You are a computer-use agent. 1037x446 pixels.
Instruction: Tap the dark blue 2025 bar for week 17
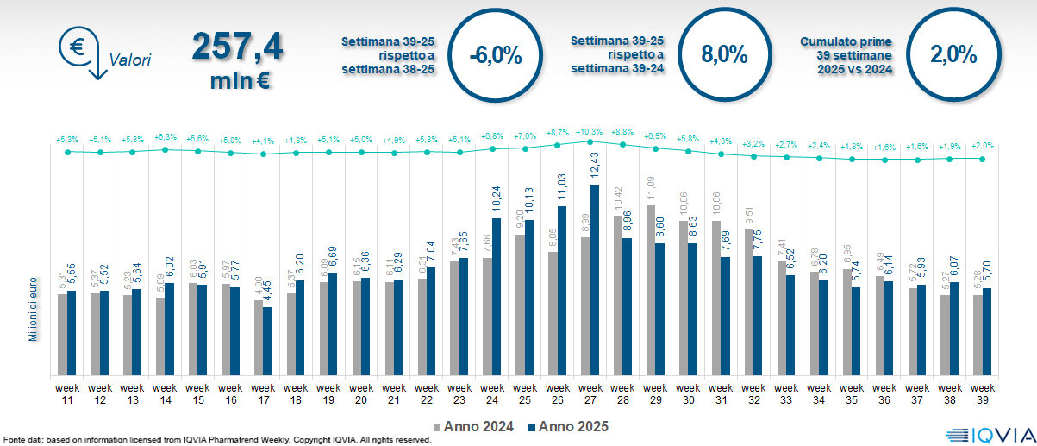268,341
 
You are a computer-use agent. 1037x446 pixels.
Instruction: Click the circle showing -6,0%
496,56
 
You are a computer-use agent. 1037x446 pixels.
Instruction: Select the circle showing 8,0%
724,55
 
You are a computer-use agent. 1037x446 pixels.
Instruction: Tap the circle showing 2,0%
953,55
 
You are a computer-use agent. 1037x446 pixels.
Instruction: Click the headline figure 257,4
238,46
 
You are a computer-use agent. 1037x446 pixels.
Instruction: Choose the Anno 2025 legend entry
569,426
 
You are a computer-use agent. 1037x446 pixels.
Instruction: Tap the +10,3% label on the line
590,131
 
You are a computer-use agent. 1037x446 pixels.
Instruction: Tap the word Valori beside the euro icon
130,60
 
